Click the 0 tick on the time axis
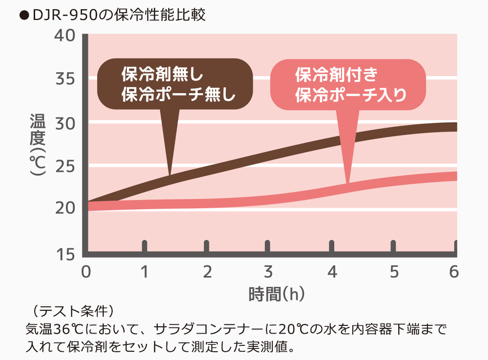[x=86, y=272]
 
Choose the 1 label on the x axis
[x=144, y=272]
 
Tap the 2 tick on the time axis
[x=207, y=272]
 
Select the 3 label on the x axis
[x=267, y=272]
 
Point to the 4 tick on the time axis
[x=332, y=272]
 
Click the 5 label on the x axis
[x=394, y=272]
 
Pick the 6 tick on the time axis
[x=454, y=272]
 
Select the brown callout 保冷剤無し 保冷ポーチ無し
[x=176, y=84]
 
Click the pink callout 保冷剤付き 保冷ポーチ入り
[x=348, y=84]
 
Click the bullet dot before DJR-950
[x=21, y=15]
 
